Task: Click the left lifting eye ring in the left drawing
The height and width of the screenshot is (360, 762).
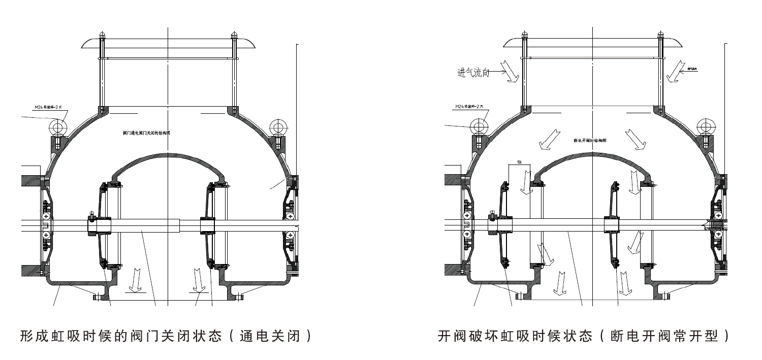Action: coord(58,125)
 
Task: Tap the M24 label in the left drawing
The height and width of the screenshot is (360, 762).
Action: coord(48,108)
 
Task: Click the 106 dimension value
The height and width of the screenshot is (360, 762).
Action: coord(519,162)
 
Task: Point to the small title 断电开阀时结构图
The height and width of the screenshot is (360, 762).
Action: coord(589,140)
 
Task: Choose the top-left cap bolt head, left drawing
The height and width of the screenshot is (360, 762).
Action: coord(102,36)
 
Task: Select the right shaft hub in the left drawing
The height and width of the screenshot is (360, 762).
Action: coord(208,225)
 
